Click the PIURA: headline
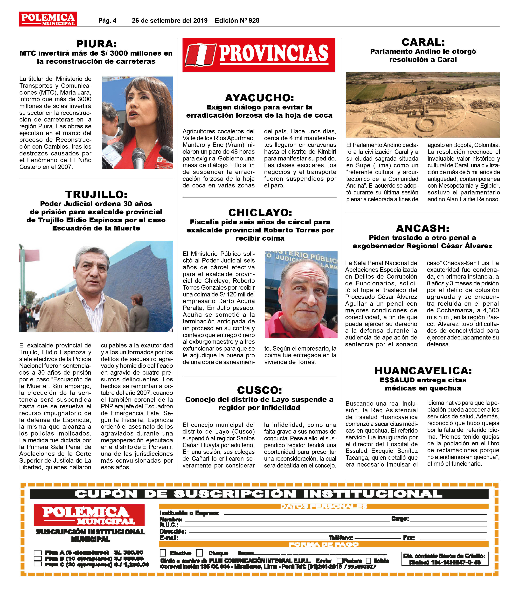[96, 44]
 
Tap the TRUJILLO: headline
[96, 194]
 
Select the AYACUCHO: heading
[259, 98]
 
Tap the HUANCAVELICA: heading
[423, 370]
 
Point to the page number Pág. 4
[107, 20]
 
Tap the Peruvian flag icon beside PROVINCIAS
[200, 55]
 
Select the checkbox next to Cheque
[199, 553]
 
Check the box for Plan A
[38, 552]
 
